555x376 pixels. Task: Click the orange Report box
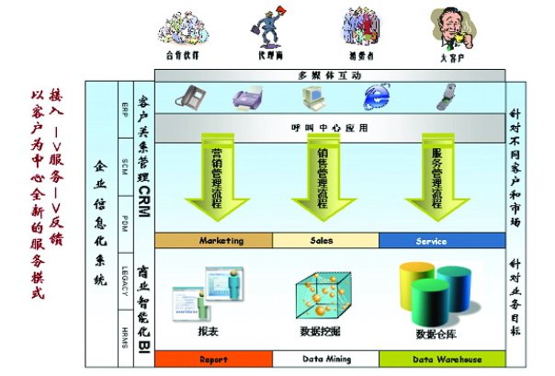point(213,359)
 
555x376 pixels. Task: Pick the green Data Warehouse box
point(442,359)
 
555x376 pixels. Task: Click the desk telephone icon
point(191,95)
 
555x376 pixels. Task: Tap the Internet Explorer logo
point(376,96)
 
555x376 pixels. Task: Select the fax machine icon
point(249,96)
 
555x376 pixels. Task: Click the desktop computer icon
point(311,95)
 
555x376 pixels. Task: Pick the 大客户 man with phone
point(449,28)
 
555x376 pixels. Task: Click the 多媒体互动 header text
point(330,74)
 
